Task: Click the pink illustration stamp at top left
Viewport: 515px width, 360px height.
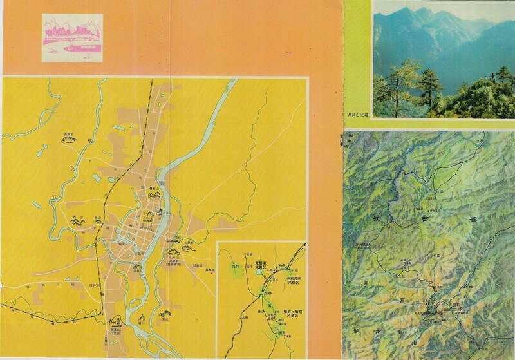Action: coord(73,38)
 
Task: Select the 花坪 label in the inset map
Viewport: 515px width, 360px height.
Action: coord(235,264)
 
